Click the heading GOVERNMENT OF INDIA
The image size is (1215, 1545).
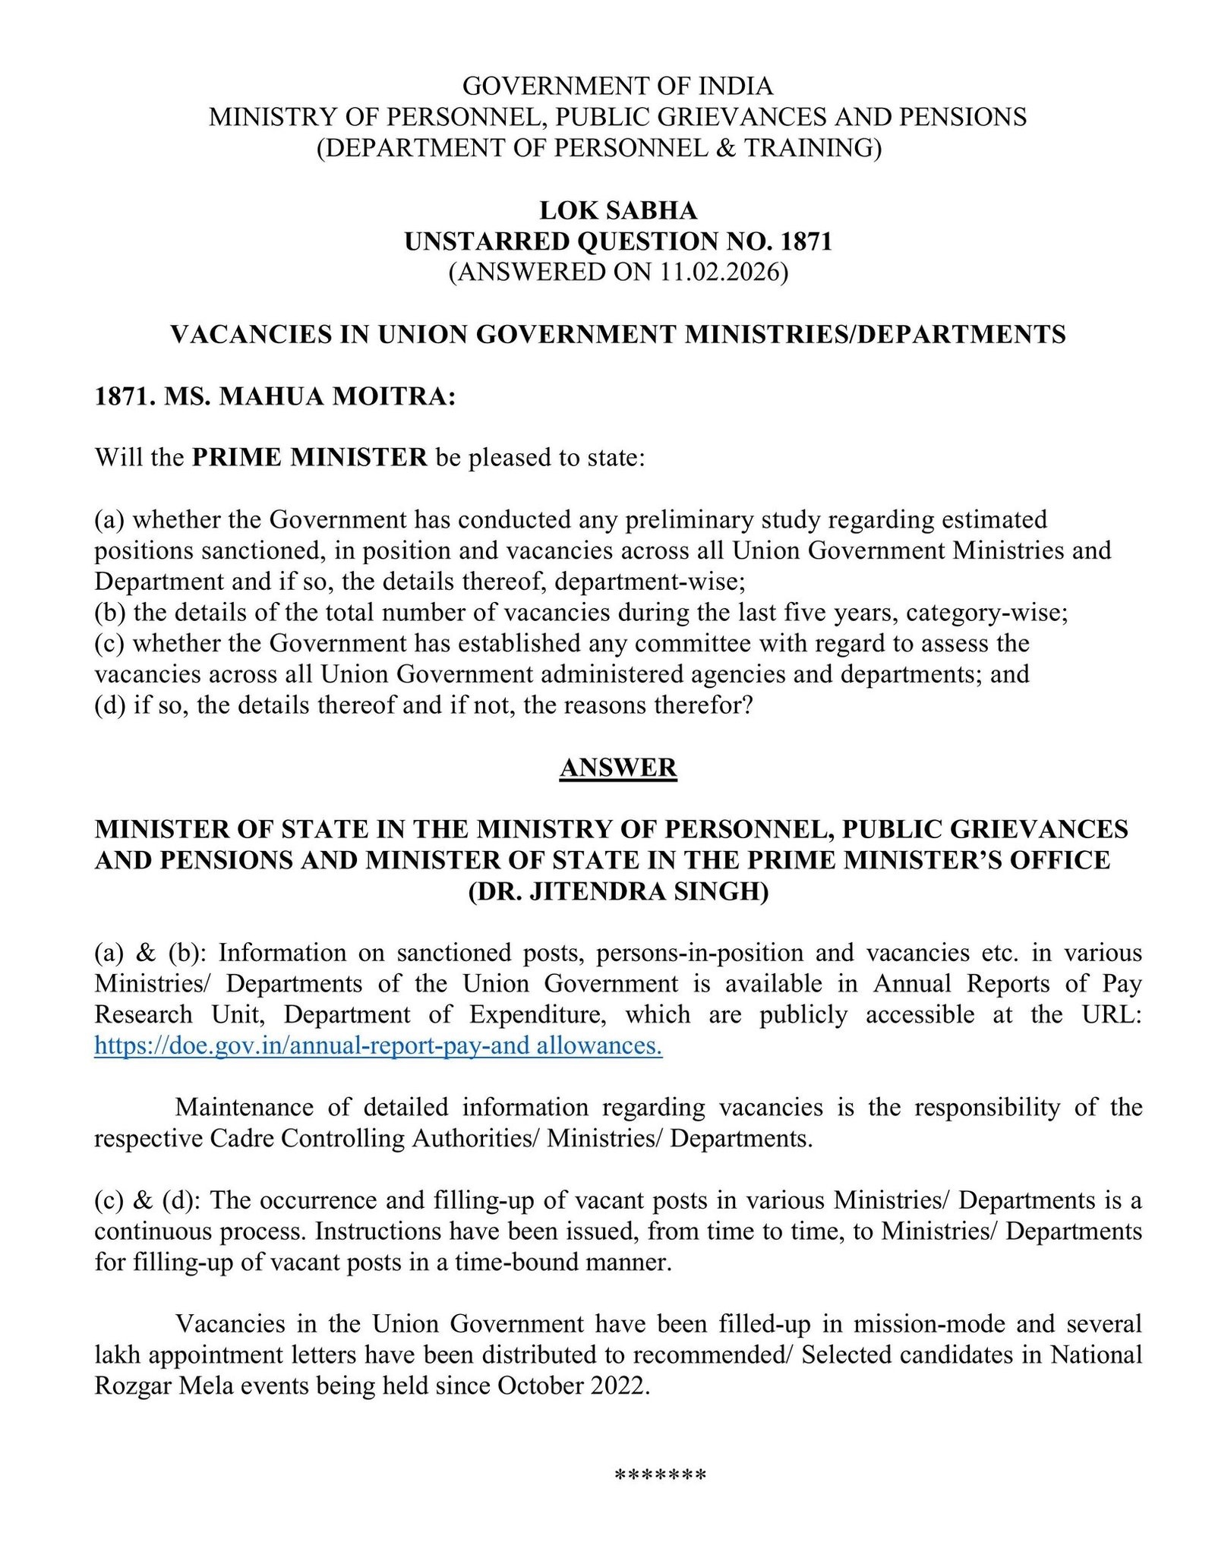pos(617,86)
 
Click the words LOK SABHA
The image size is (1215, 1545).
pos(617,210)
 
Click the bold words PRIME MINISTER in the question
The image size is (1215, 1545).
pos(309,457)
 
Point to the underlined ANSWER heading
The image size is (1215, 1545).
pos(617,768)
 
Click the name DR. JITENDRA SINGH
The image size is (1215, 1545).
pos(617,891)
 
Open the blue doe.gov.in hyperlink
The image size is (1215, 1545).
pos(378,1045)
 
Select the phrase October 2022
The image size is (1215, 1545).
pos(573,1386)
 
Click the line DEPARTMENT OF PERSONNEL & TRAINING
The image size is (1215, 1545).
pos(599,147)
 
